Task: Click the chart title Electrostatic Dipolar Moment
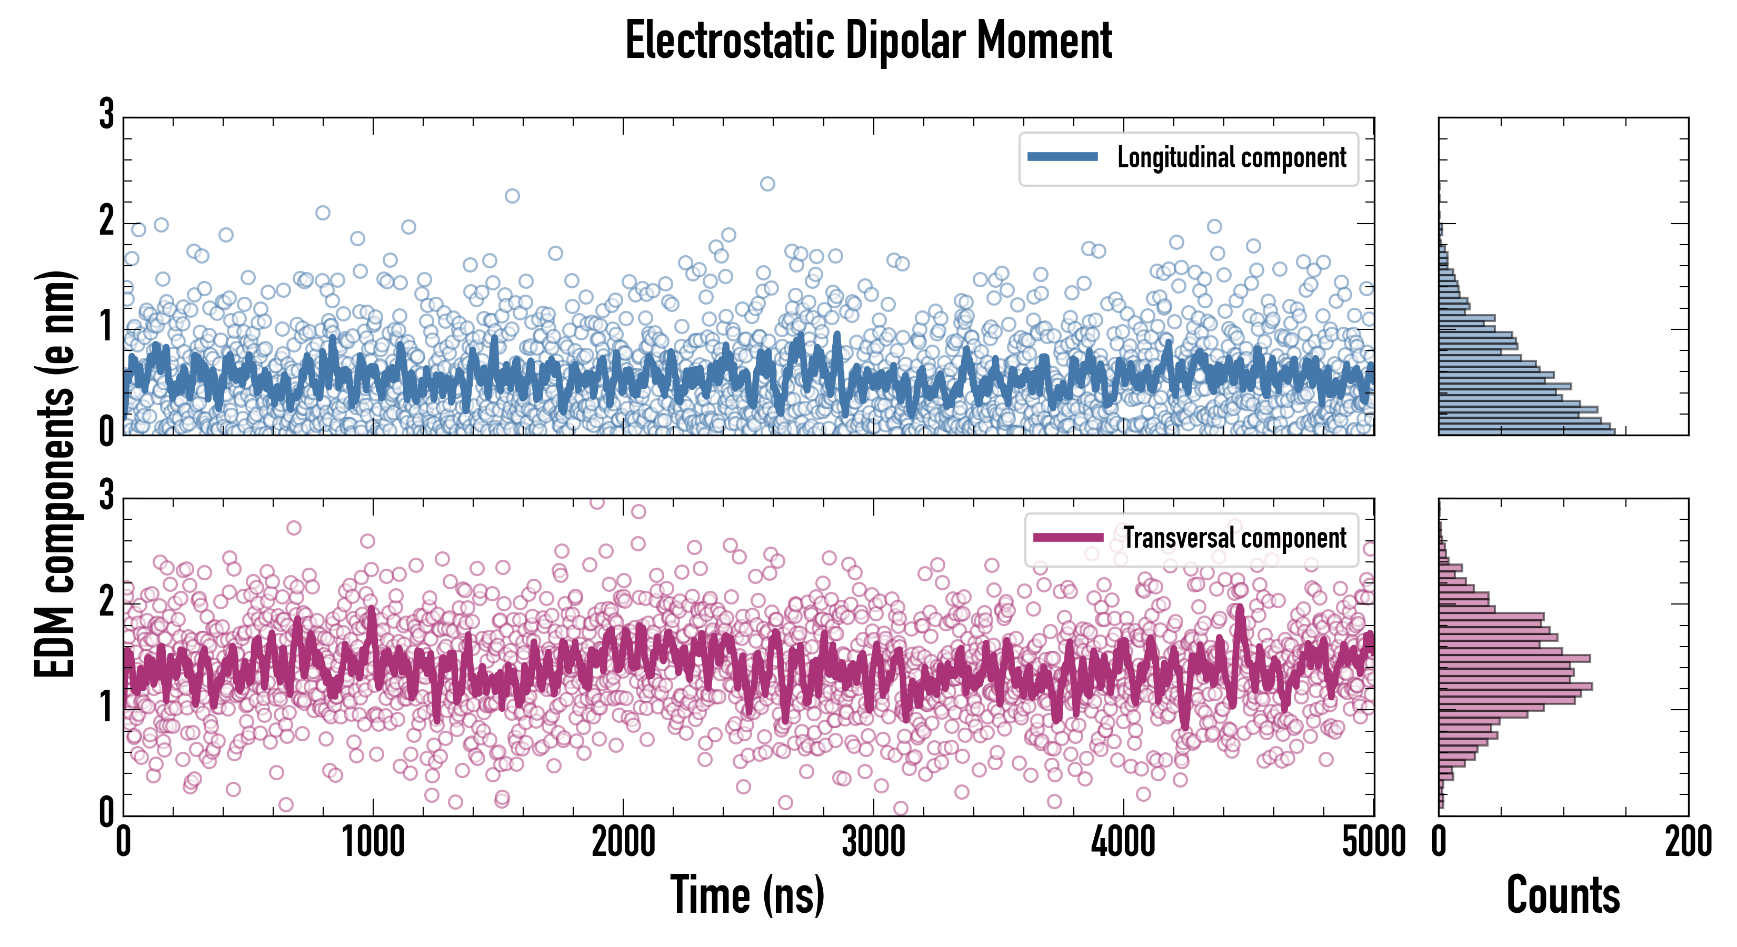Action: (x=868, y=41)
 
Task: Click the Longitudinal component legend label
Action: (x=1231, y=158)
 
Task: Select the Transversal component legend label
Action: (x=1234, y=538)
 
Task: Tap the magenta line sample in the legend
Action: (x=1068, y=537)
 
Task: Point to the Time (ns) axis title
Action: (x=747, y=895)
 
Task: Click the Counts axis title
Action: (x=1563, y=895)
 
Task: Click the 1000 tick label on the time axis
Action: (x=373, y=842)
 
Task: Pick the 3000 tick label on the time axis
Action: (x=873, y=842)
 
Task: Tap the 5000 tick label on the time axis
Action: (x=1374, y=842)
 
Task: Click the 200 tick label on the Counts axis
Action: (x=1688, y=842)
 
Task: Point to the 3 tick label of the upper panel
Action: (x=106, y=115)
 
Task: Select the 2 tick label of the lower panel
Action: (x=106, y=602)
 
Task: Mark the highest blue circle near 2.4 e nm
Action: (x=767, y=184)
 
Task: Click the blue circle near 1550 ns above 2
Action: (x=513, y=196)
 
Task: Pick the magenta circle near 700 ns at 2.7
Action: (x=293, y=528)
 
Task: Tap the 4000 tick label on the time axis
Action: (x=1123, y=842)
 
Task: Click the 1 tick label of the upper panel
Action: (x=106, y=328)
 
